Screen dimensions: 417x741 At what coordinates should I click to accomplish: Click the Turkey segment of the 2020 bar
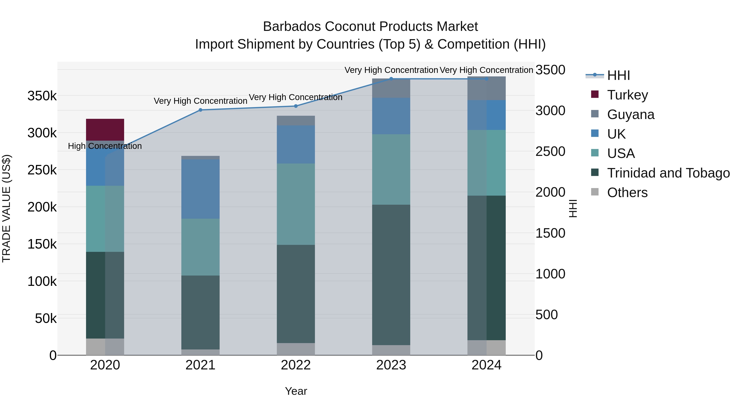[105, 130]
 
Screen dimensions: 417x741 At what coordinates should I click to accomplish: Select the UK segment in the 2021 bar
[200, 189]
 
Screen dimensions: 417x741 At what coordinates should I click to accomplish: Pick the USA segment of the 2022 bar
[296, 204]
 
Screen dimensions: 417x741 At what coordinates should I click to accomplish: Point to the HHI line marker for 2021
[200, 110]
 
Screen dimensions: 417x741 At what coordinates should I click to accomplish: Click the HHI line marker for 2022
[296, 106]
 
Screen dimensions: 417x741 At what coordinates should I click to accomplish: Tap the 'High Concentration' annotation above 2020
[105, 146]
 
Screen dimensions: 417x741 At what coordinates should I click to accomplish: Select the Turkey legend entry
[627, 95]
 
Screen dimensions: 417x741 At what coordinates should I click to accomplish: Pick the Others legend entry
[627, 193]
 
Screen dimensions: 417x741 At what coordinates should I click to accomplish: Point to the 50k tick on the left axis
[46, 319]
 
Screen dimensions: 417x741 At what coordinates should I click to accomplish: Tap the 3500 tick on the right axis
[550, 70]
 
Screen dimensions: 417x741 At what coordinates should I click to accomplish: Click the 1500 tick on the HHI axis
[550, 233]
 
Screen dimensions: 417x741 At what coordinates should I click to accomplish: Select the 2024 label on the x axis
[486, 365]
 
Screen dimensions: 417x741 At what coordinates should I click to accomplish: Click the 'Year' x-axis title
[296, 391]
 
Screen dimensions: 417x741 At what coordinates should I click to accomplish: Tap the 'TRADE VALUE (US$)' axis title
[6, 208]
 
